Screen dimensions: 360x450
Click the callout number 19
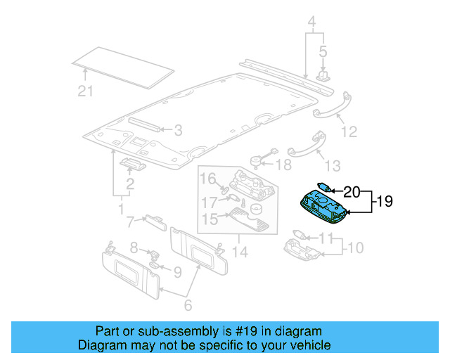tap(384, 202)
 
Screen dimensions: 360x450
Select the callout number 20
tap(352, 191)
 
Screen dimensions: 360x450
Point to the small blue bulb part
tap(325, 188)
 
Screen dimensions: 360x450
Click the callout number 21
tap(84, 90)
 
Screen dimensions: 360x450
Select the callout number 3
tap(178, 130)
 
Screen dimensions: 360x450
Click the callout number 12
tap(349, 131)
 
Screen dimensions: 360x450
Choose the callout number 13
tap(332, 166)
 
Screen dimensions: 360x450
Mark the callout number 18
tap(283, 165)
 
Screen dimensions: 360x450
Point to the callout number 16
tap(208, 179)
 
